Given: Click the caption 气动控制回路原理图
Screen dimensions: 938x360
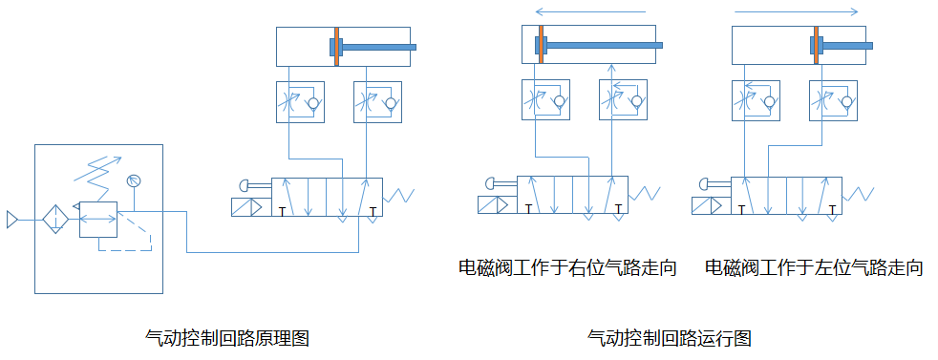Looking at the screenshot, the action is (226, 338).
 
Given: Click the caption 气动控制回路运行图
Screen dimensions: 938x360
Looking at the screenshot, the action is (670, 338).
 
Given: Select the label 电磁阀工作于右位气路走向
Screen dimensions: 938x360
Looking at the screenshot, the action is (567, 267).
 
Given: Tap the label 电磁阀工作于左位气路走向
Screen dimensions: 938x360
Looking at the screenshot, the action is (814, 267).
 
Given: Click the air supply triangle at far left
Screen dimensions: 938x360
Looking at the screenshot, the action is (11, 220).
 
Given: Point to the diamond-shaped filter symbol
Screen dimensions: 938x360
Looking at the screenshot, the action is (55, 220).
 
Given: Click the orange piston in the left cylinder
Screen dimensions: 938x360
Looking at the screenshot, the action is (337, 46).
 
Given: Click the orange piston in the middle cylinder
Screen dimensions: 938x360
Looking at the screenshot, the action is (541, 44).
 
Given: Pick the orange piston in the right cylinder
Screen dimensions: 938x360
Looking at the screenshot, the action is (816, 44).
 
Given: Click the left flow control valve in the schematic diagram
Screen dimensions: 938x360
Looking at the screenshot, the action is (300, 102).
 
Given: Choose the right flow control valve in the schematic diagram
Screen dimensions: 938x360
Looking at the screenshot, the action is (377, 102).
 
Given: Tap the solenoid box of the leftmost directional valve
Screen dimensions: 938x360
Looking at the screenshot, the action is (247, 207).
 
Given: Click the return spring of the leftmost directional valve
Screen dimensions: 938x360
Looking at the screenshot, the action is (399, 195).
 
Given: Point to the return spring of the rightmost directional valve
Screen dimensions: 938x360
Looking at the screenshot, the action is (859, 194).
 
